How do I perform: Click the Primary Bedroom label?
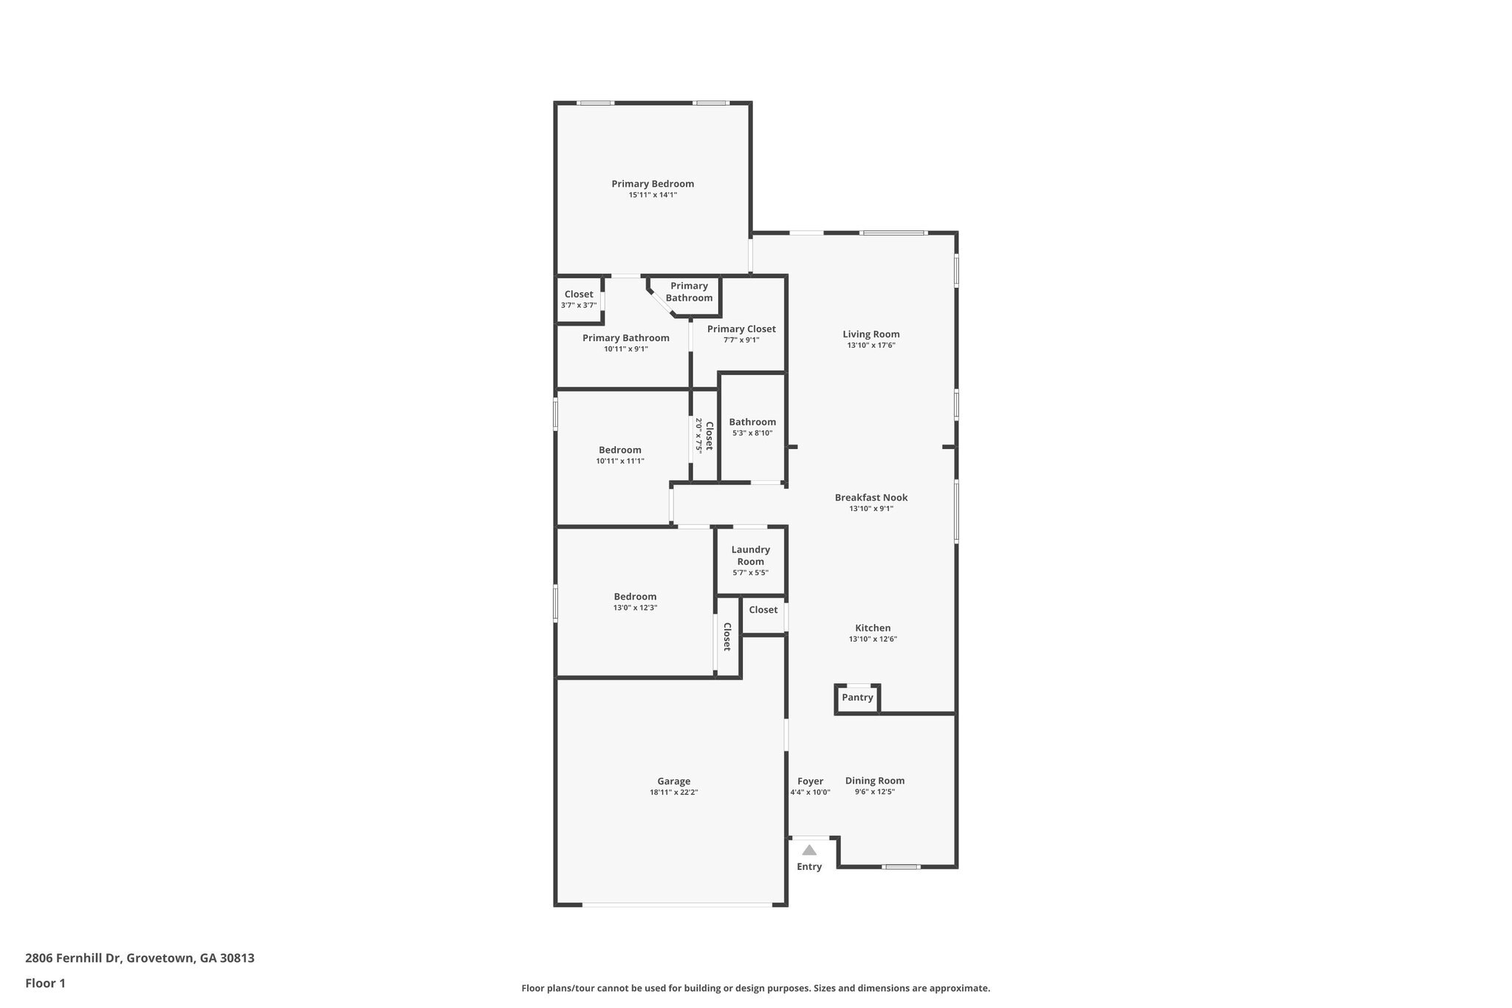(653, 184)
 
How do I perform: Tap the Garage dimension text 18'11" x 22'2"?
(673, 792)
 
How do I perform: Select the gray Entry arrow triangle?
(809, 850)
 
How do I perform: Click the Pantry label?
(857, 697)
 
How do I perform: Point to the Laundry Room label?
(750, 555)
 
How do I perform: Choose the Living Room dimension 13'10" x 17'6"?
(871, 346)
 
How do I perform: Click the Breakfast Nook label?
(871, 498)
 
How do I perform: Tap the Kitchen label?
(873, 628)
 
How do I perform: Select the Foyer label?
(810, 781)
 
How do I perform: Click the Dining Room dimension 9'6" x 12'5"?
(875, 792)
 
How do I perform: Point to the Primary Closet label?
(741, 329)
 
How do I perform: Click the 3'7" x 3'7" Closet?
(579, 299)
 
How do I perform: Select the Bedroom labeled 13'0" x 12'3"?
(635, 597)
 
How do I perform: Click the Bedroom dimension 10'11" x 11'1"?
(620, 461)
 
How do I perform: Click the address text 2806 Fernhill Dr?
(72, 959)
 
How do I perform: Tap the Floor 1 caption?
(45, 984)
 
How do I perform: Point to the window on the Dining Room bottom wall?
(901, 867)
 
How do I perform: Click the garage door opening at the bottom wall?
(677, 905)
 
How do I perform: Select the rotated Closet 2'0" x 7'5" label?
(704, 436)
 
